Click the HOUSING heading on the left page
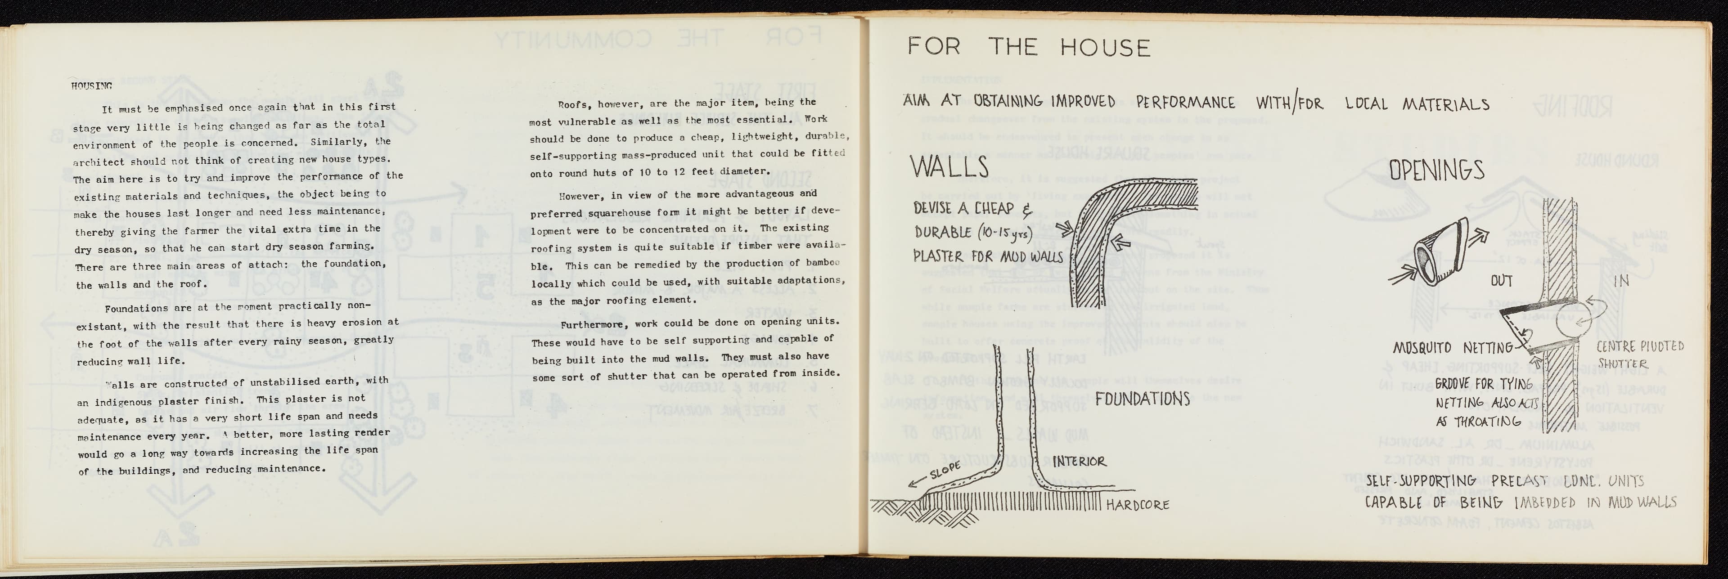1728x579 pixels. coord(91,86)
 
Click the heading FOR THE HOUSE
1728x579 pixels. coord(1028,47)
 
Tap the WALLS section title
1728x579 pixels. coord(949,167)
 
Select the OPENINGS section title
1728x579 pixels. coord(1436,171)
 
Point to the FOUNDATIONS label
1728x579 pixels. coord(1143,399)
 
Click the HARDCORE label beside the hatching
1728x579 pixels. coord(1137,504)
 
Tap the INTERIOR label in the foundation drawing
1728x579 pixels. coord(1080,462)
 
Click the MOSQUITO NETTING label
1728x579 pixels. coord(1452,348)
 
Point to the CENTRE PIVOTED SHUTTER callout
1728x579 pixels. coord(1639,354)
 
